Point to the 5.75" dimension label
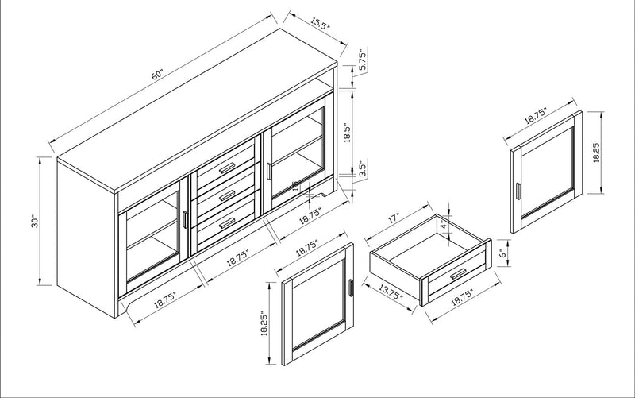362,60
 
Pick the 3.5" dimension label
362,170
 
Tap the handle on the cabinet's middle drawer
228,194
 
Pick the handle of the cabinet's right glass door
269,171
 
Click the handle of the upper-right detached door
517,194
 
